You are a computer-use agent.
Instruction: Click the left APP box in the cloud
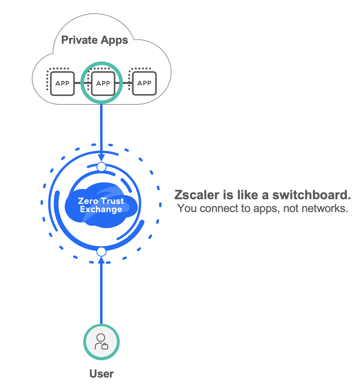(62, 84)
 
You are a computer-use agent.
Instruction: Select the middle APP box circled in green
(103, 84)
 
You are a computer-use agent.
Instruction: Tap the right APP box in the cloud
(144, 84)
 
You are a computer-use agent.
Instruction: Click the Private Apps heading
(94, 40)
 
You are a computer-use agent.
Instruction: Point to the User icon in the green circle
(101, 342)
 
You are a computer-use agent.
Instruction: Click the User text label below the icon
(101, 374)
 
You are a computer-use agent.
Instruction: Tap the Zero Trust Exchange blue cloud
(101, 205)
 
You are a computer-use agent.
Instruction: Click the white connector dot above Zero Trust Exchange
(101, 166)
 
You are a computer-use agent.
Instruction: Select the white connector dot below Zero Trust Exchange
(101, 252)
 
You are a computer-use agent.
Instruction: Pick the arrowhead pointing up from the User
(101, 261)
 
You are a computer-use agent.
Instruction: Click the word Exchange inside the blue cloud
(101, 209)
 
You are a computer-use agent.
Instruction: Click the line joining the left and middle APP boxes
(83, 84)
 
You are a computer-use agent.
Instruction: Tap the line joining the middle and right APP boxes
(124, 84)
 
